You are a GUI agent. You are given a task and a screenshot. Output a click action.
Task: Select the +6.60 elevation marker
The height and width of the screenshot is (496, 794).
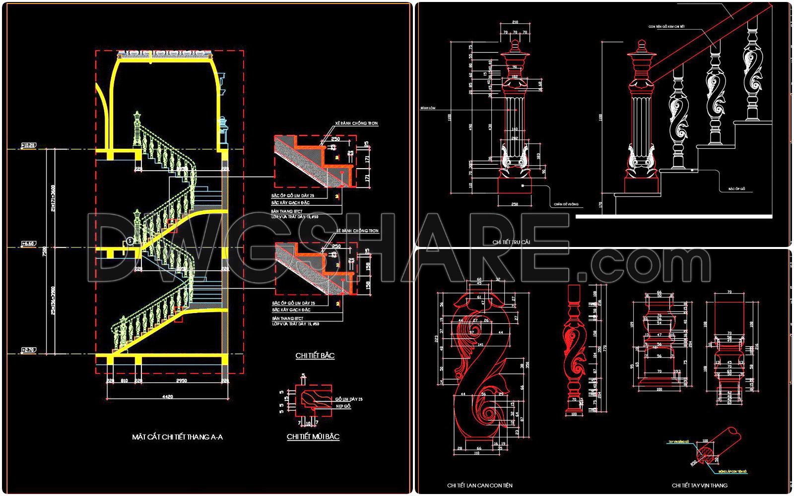click(x=28, y=244)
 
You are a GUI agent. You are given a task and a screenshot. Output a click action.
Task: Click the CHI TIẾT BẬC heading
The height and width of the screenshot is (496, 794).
click(x=315, y=356)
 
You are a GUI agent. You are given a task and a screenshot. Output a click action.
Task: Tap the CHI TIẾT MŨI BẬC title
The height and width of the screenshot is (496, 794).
click(x=313, y=437)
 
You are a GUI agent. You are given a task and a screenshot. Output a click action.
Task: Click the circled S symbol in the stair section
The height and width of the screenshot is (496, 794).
click(x=130, y=241)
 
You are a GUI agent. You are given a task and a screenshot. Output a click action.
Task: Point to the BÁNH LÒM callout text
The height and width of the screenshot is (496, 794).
click(x=427, y=108)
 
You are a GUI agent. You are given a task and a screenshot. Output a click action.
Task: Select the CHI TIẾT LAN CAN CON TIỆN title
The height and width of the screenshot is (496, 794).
click(x=479, y=485)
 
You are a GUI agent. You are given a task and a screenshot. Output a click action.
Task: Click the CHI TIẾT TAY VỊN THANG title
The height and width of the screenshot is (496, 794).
click(x=700, y=485)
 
